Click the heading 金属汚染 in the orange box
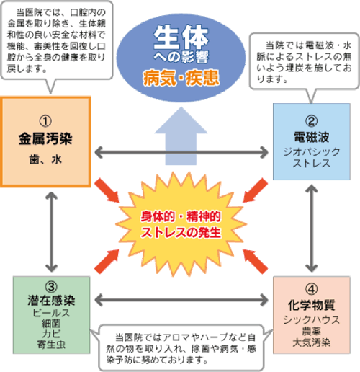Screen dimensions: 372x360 [x=48, y=138]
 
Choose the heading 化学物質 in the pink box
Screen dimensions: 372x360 [x=310, y=304]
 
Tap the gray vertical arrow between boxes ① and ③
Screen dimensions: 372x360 [x=50, y=231]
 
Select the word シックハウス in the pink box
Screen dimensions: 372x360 [x=311, y=319]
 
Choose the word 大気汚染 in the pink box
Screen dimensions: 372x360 [x=311, y=341]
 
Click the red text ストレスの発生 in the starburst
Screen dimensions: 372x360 [x=181, y=232]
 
